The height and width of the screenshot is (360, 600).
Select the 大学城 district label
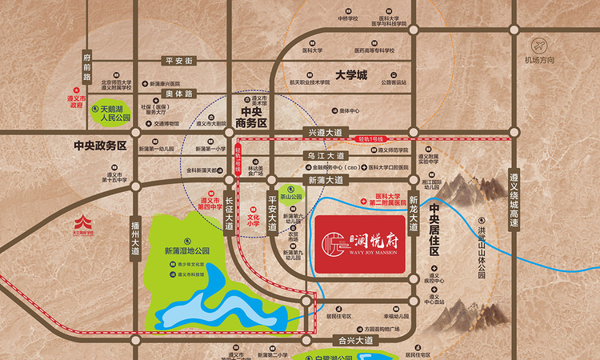(x=350, y=75)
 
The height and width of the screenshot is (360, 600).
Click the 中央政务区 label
(x=100, y=146)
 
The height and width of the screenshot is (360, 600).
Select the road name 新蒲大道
(x=323, y=180)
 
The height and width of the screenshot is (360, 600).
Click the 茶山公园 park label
(x=295, y=196)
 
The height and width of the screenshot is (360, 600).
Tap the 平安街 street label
(x=179, y=60)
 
